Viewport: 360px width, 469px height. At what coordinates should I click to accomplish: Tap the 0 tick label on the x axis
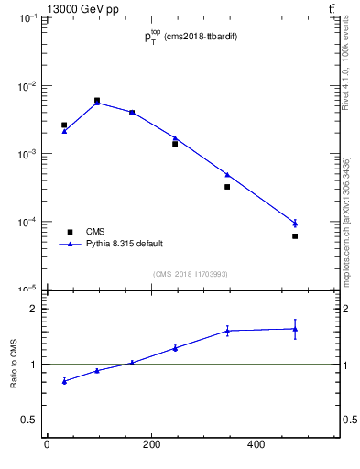point(47,445)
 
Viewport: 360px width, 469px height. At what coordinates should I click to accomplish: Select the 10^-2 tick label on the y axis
point(28,86)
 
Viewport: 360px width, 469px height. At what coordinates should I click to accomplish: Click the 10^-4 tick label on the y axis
point(28,222)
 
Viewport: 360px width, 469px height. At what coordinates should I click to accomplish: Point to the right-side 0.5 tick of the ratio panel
point(348,420)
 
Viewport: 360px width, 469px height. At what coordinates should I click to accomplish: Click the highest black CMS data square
point(97,101)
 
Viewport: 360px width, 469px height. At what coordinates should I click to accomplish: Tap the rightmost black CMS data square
point(295,236)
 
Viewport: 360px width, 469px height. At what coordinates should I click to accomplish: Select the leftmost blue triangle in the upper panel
point(64,131)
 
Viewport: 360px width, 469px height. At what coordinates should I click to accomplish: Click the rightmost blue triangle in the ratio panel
point(295,329)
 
